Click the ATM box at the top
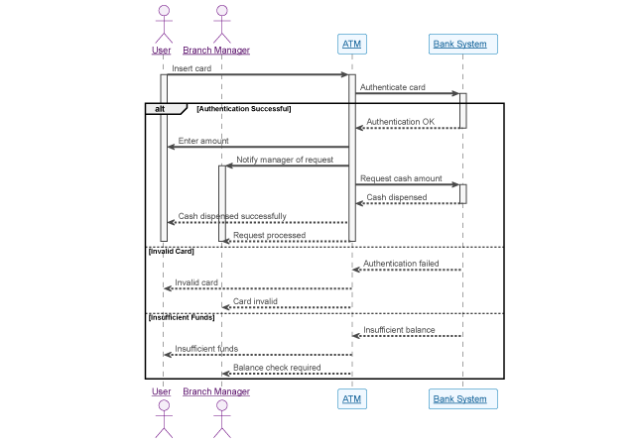(351, 44)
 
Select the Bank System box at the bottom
(462, 398)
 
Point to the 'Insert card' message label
(192, 68)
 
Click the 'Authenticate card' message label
(393, 87)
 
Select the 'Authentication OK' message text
(401, 122)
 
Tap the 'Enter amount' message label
(203, 141)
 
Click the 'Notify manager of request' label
(285, 160)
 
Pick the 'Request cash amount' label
(401, 178)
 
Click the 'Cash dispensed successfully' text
(232, 216)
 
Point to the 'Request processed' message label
(270, 235)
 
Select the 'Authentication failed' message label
(402, 264)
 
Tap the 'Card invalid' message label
(256, 301)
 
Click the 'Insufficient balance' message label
(399, 330)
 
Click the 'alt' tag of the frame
(159, 108)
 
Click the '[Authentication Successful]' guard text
(243, 108)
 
